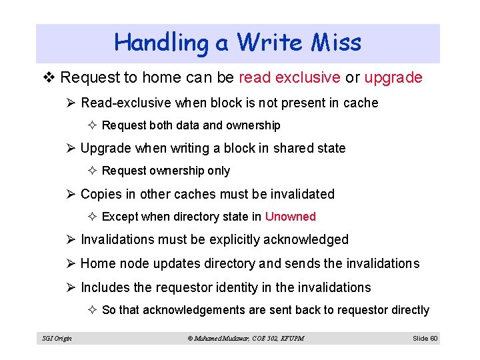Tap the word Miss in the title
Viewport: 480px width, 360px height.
[x=336, y=43]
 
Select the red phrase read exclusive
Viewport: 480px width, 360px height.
[x=289, y=78]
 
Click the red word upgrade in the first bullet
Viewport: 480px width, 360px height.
[x=393, y=78]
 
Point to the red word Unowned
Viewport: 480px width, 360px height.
[x=290, y=217]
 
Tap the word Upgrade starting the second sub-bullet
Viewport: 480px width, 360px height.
[x=105, y=148]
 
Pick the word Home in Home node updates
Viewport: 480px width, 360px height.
[x=97, y=263]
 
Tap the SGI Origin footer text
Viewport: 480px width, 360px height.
[x=57, y=339]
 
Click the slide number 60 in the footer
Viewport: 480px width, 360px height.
[x=433, y=339]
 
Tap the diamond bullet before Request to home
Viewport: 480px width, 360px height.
[x=51, y=78]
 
